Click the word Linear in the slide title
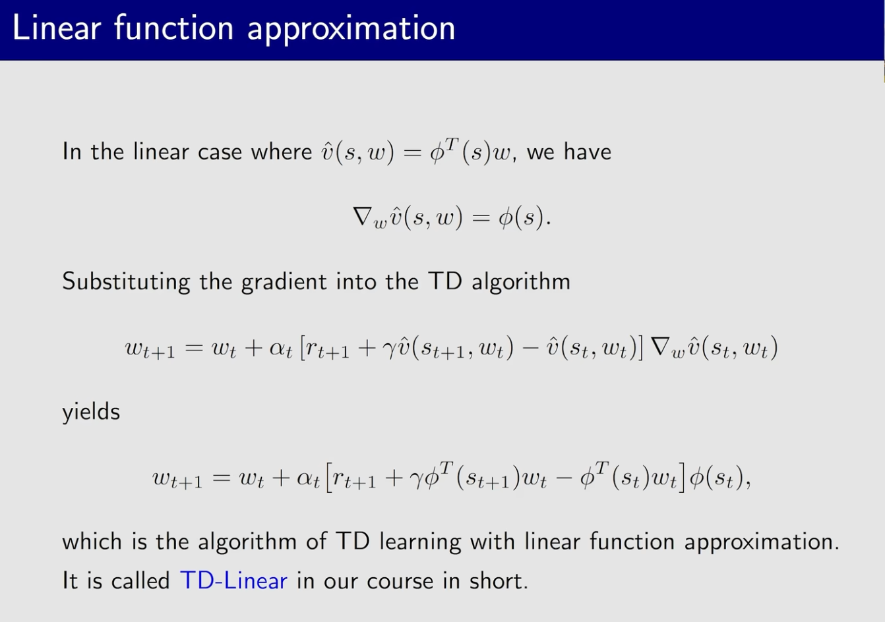click(x=57, y=28)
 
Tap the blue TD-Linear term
click(x=233, y=580)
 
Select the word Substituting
click(x=126, y=282)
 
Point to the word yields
click(x=91, y=412)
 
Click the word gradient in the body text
click(x=284, y=282)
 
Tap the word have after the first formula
click(x=587, y=151)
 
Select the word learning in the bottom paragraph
click(x=420, y=542)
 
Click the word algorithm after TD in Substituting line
click(x=521, y=282)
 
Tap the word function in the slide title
click(x=174, y=28)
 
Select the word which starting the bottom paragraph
click(x=92, y=541)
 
